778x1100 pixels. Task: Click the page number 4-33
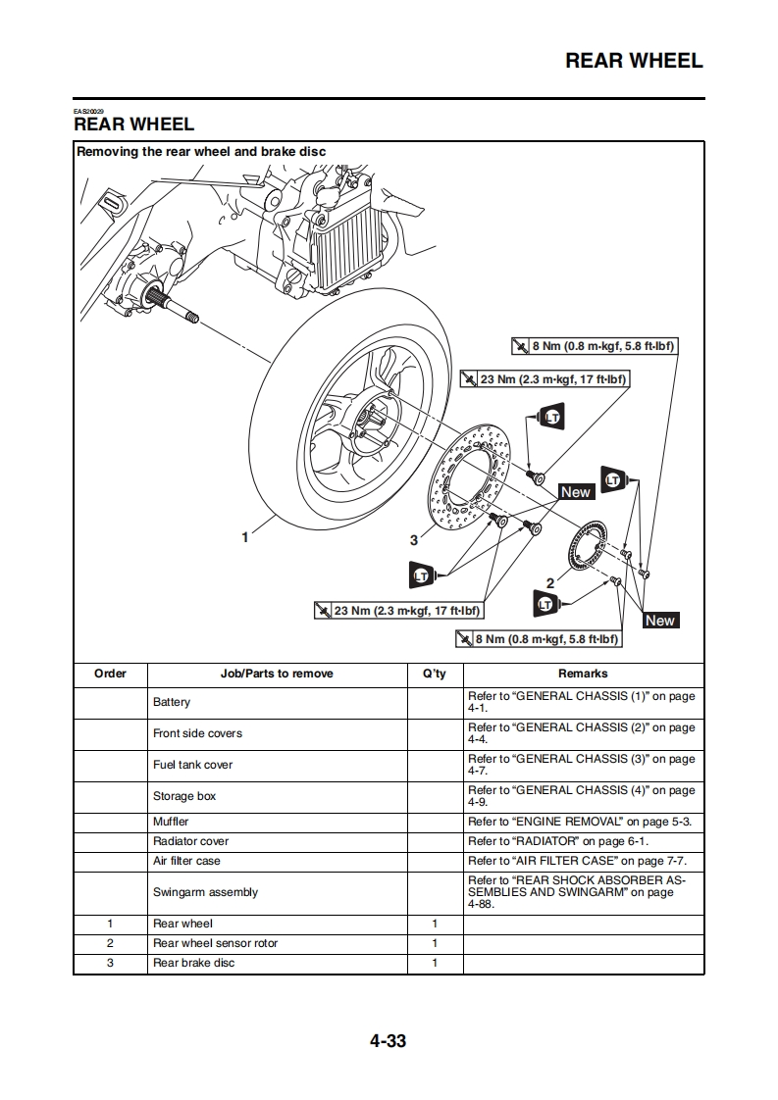coord(388,1041)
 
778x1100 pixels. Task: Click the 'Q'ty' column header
coord(434,674)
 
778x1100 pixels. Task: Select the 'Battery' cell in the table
coord(172,702)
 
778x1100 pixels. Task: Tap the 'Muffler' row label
coord(171,822)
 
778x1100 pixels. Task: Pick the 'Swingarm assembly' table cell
coord(205,892)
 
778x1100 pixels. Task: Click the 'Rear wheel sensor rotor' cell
coord(215,943)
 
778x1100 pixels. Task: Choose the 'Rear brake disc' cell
coord(193,963)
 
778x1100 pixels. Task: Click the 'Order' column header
coord(110,674)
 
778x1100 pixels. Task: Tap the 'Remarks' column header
coord(583,674)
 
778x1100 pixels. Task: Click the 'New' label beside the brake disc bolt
coord(576,492)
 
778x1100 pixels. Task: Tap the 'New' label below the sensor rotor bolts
coord(659,621)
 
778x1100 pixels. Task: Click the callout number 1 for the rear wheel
coord(245,536)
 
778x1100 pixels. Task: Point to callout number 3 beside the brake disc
coord(414,540)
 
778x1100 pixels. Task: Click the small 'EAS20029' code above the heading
coord(88,111)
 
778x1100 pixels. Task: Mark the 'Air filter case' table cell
coord(186,861)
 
